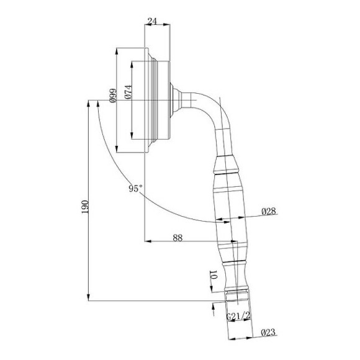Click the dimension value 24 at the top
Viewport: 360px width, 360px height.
point(152,21)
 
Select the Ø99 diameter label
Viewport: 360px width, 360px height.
point(113,96)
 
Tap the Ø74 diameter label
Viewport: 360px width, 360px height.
point(128,92)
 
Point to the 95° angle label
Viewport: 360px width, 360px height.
point(136,189)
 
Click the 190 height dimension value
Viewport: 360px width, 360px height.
point(84,207)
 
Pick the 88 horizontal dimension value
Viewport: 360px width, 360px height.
point(178,238)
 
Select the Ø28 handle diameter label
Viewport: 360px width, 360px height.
point(269,211)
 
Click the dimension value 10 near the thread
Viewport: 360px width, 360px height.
point(214,274)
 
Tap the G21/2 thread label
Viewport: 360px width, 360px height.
point(238,316)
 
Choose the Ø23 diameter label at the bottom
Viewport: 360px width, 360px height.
point(268,332)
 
